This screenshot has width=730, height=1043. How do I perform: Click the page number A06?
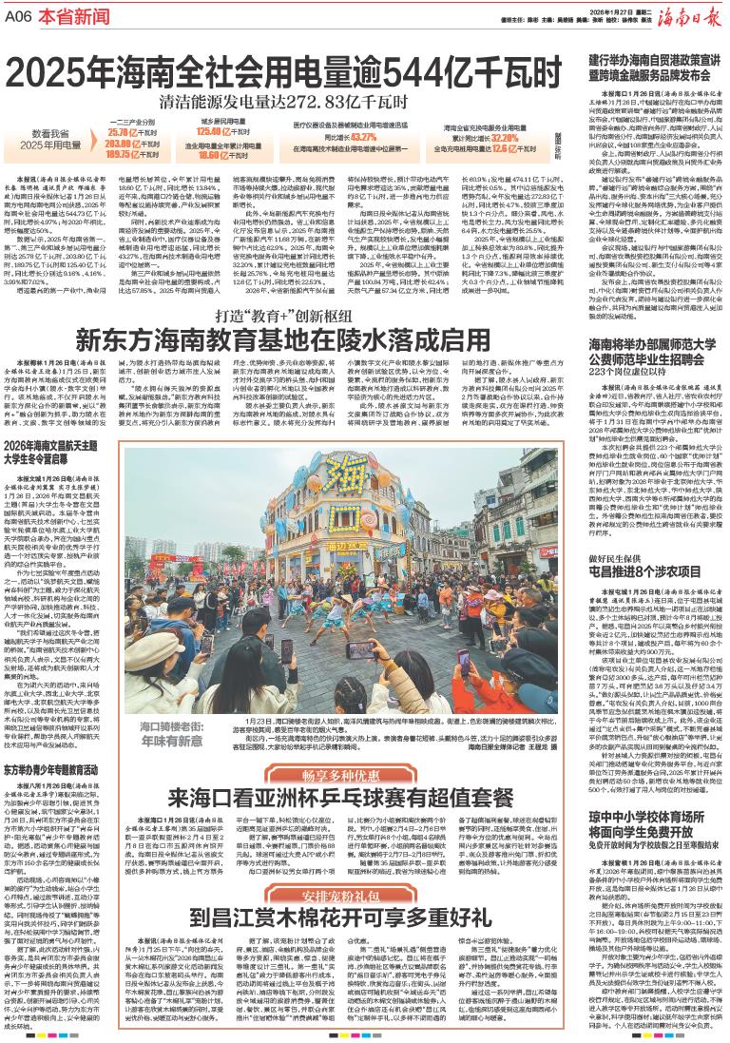tap(20, 16)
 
